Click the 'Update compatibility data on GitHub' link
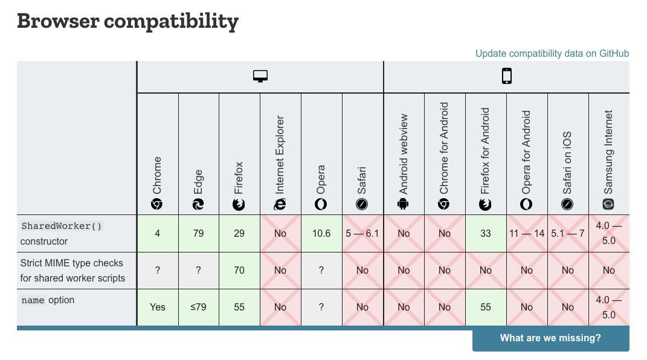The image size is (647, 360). pyautogui.click(x=552, y=54)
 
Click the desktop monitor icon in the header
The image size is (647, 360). pyautogui.click(x=260, y=76)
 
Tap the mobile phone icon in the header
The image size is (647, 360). pyautogui.click(x=507, y=76)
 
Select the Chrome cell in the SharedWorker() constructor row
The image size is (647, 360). pyautogui.click(x=158, y=233)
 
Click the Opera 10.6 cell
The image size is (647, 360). pyautogui.click(x=321, y=233)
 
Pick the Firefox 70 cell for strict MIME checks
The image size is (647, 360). pyautogui.click(x=239, y=271)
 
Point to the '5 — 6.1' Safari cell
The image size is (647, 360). pyautogui.click(x=362, y=233)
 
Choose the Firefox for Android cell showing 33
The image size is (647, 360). pyautogui.click(x=486, y=233)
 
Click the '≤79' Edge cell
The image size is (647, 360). pyautogui.click(x=199, y=307)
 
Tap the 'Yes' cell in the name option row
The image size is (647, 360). pyautogui.click(x=158, y=307)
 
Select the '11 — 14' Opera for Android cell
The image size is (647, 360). pyautogui.click(x=527, y=233)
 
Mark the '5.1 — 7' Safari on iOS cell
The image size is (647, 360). pyautogui.click(x=568, y=233)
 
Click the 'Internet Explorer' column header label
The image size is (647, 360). pyautogui.click(x=280, y=155)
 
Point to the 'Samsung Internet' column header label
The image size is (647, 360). pyautogui.click(x=608, y=152)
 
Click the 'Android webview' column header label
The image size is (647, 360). pyautogui.click(x=403, y=154)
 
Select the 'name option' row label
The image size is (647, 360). pyautogui.click(x=48, y=300)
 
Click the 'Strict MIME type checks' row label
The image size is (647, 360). pyautogui.click(x=72, y=263)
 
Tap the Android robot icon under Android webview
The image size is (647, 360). pyautogui.click(x=403, y=204)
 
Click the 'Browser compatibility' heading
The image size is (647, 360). pyautogui.click(x=128, y=22)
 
